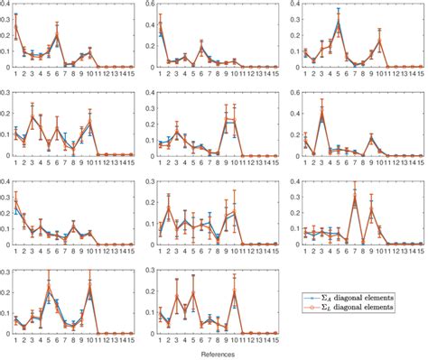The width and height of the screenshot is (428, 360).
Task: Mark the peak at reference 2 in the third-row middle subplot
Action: coord(168,208)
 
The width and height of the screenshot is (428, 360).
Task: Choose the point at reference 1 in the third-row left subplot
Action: coord(15,203)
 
